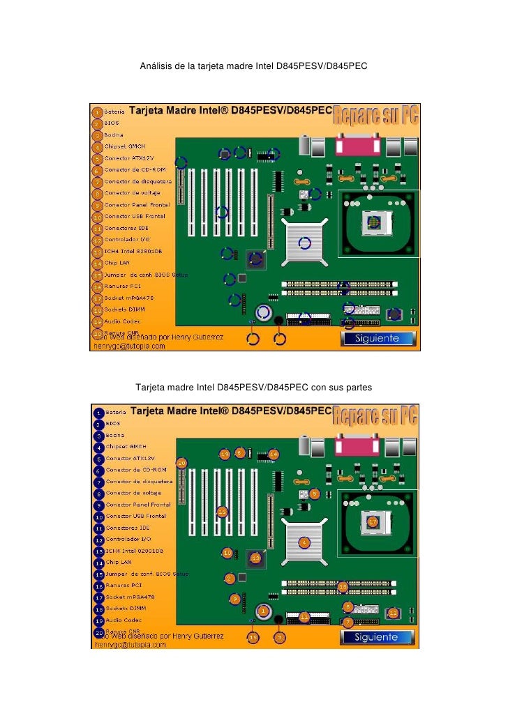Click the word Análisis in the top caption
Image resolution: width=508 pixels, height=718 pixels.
click(x=157, y=66)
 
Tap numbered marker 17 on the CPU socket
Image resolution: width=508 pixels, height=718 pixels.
click(x=373, y=521)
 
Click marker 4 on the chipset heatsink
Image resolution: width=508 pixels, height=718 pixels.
click(x=304, y=542)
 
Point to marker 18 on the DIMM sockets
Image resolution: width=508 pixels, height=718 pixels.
click(x=343, y=587)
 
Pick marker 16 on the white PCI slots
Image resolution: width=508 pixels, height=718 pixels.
click(x=222, y=511)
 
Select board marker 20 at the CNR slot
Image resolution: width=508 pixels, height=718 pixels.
click(x=181, y=462)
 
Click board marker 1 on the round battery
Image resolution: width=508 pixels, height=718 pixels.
click(x=262, y=611)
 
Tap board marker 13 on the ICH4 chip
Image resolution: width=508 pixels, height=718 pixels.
click(x=255, y=558)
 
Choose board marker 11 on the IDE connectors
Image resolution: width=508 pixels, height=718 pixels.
click(x=304, y=618)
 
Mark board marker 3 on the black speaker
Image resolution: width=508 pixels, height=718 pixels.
click(x=279, y=636)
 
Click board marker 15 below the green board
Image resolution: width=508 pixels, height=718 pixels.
click(x=253, y=636)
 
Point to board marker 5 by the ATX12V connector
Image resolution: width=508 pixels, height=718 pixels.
click(x=315, y=494)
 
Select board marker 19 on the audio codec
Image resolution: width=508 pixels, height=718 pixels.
click(x=225, y=454)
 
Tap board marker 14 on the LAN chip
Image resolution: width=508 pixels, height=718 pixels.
click(x=274, y=454)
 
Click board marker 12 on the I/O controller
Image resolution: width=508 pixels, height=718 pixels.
click(x=393, y=613)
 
